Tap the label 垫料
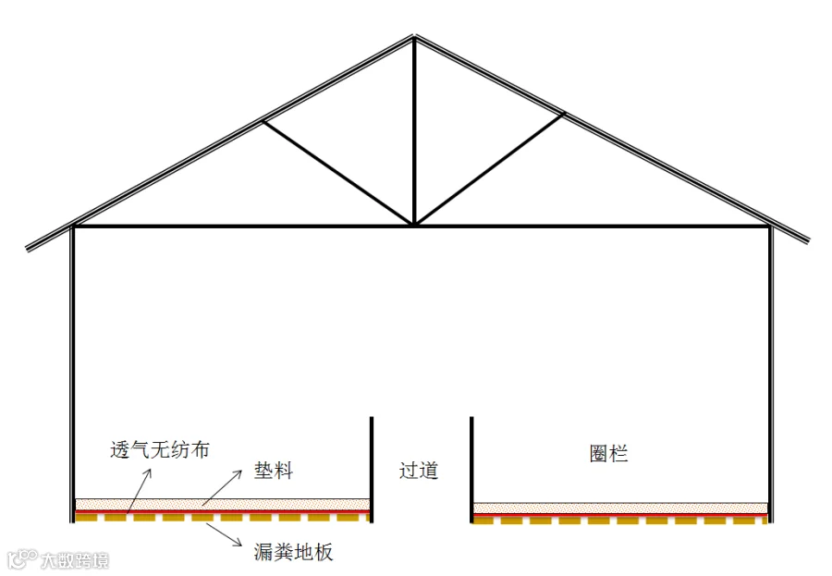tap(274, 471)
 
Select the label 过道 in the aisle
tap(419, 471)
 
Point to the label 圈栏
tap(608, 454)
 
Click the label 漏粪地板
tap(293, 553)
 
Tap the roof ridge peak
tap(414, 38)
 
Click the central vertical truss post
tap(414, 129)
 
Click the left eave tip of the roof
tap(29, 248)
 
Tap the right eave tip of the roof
tap(806, 240)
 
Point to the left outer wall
tap(72, 370)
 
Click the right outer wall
tap(770, 370)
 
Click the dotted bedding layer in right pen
tap(619, 508)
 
